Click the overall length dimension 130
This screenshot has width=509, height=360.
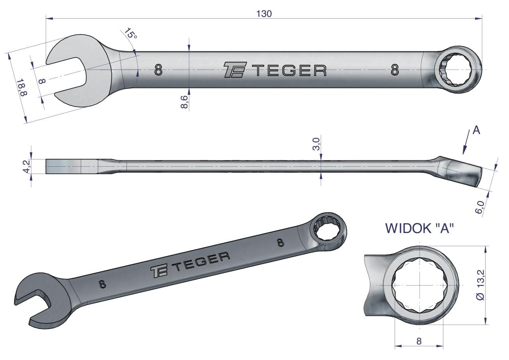[264, 14]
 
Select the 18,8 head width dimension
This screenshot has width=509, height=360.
[22, 87]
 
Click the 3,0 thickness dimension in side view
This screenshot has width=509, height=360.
[317, 144]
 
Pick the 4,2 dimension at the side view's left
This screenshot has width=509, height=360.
[27, 166]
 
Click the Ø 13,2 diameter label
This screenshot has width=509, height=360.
[481, 285]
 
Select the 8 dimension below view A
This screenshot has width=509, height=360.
[419, 341]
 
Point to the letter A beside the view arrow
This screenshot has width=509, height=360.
[476, 130]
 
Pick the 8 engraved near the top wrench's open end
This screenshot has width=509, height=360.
[158, 70]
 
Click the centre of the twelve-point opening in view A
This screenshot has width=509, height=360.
[419, 286]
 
